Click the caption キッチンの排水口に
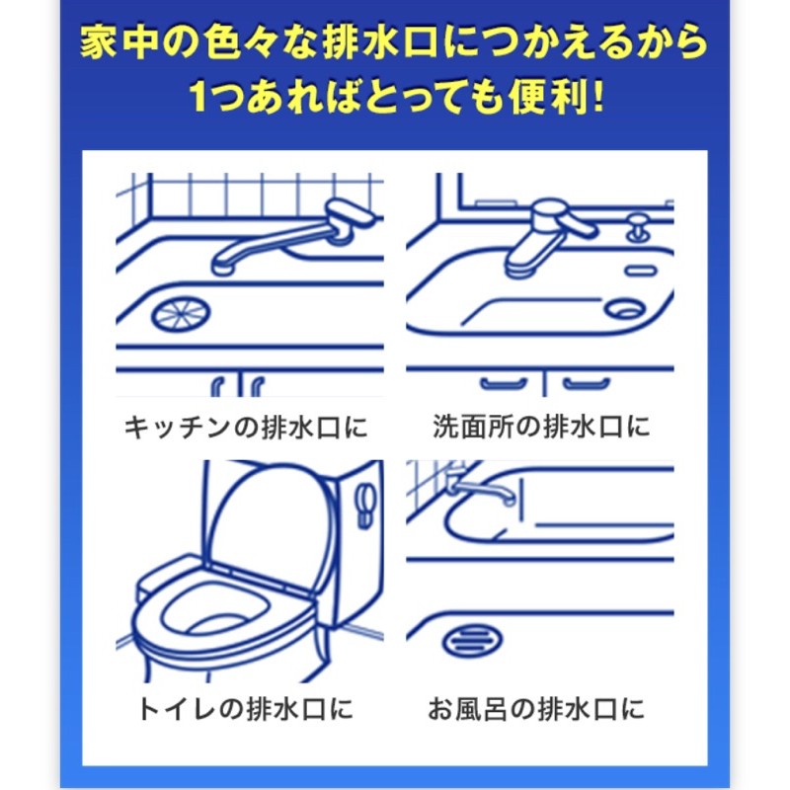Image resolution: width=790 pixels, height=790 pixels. (x=246, y=428)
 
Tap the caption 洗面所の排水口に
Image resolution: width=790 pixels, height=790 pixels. (x=541, y=427)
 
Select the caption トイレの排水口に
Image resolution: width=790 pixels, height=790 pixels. (x=245, y=709)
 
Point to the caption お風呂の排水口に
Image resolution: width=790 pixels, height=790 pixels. (x=536, y=709)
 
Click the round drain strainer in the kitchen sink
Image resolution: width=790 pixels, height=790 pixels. (x=181, y=313)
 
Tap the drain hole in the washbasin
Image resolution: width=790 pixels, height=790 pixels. (x=625, y=308)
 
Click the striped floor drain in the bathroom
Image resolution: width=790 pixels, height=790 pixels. (x=473, y=640)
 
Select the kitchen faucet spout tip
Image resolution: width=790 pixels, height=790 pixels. (x=222, y=265)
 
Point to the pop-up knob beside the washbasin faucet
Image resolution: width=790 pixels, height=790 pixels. (x=637, y=228)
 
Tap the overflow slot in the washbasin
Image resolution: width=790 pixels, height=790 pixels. (x=640, y=271)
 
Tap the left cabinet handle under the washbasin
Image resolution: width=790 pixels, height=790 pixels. (x=503, y=383)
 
